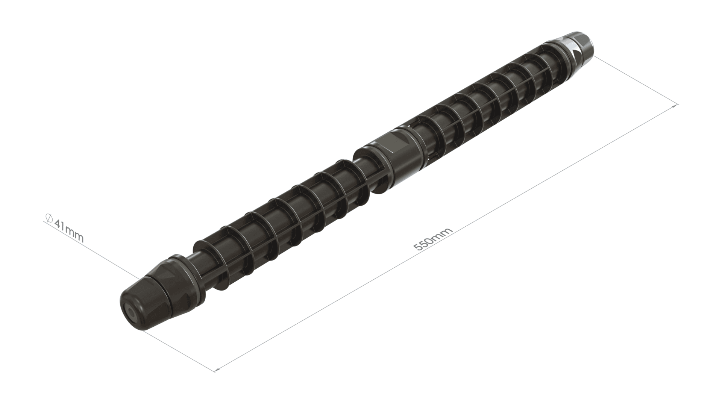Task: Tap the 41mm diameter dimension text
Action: pyautogui.click(x=69, y=230)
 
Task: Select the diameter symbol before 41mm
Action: pyautogui.click(x=48, y=218)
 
